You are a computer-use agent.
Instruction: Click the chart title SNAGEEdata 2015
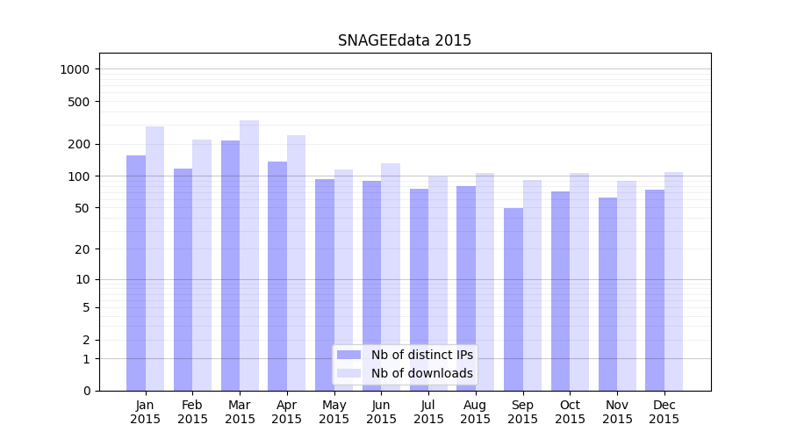[405, 40]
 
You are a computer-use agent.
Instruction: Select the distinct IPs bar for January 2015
[136, 272]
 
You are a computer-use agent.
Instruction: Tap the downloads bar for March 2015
[249, 255]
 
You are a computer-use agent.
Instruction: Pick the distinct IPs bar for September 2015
[513, 299]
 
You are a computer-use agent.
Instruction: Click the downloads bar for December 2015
[674, 281]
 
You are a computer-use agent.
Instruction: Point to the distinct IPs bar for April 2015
[277, 276]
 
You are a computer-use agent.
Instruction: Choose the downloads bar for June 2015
[391, 277]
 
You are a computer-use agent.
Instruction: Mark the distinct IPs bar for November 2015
[608, 294]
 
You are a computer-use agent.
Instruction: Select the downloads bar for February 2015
[202, 264]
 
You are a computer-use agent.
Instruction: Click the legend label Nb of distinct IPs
[422, 355]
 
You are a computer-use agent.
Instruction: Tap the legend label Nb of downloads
[422, 373]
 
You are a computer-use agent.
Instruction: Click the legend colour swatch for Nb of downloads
[349, 373]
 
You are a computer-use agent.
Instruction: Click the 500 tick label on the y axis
[80, 102]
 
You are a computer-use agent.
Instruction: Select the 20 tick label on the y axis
[83, 249]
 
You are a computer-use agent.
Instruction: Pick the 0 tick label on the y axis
[87, 391]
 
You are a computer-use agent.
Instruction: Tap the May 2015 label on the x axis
[334, 412]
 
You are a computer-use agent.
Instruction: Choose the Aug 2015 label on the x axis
[476, 412]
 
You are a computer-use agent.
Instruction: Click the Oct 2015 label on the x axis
[571, 412]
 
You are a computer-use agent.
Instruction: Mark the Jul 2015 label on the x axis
[428, 412]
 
